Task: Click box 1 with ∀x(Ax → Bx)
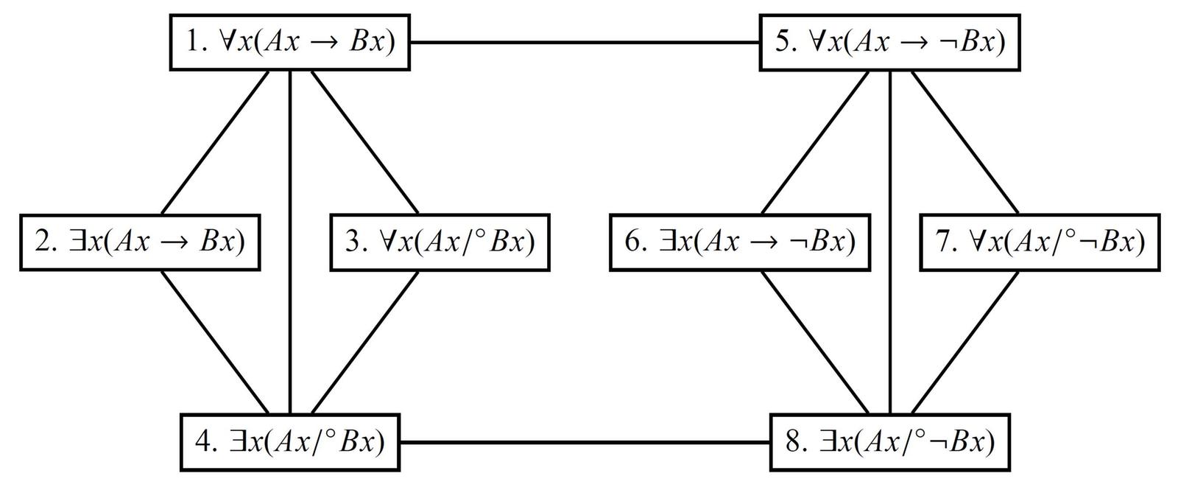tap(290, 42)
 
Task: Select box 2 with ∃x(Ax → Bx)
tap(140, 242)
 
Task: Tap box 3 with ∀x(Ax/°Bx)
tap(440, 242)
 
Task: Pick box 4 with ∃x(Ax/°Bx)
tap(290, 443)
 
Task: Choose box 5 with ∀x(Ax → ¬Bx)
tap(889, 42)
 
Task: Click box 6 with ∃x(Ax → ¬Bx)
tap(739, 242)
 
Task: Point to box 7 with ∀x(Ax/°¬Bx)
tap(1040, 242)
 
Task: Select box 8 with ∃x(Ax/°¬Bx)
tap(889, 443)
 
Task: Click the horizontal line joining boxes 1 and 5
tap(585, 42)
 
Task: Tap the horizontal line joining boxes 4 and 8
tap(585, 443)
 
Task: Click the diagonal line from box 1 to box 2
tap(214, 142)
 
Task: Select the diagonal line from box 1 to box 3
tap(364, 142)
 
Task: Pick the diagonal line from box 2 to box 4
tap(214, 343)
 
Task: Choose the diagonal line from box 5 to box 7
tap(965, 142)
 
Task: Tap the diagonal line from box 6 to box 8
tap(814, 343)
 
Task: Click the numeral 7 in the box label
tap(945, 242)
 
